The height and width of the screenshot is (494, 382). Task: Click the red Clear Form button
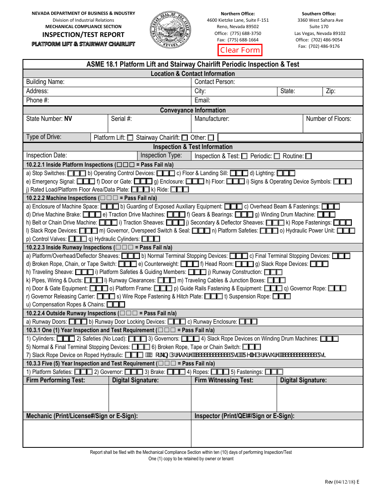pyautogui.click(x=240, y=50)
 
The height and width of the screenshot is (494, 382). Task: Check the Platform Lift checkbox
pyautogui.click(x=130, y=138)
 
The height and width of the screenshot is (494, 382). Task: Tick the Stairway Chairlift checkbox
pyautogui.click(x=185, y=138)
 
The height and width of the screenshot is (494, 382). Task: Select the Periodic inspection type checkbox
pyautogui.click(x=277, y=156)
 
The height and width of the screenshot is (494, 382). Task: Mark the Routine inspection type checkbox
pyautogui.click(x=308, y=156)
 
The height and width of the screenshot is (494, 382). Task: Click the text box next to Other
pyautogui.click(x=289, y=137)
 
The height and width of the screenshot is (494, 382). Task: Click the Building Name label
pyautogui.click(x=45, y=82)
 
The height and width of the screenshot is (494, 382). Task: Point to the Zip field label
pyautogui.click(x=331, y=91)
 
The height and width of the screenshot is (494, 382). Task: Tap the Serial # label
pyautogui.click(x=121, y=119)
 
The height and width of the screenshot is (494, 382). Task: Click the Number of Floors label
pyautogui.click(x=329, y=119)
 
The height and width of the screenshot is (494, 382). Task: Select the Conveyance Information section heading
pyautogui.click(x=193, y=110)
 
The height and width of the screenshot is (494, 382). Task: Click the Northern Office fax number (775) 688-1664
pyautogui.click(x=238, y=40)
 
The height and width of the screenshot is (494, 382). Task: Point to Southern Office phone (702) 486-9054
pyautogui.click(x=319, y=40)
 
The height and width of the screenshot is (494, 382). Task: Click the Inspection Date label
pyautogui.click(x=47, y=155)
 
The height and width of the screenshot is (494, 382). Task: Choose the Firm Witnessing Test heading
pyautogui.click(x=224, y=380)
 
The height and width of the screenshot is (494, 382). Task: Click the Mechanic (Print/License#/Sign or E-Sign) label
pyautogui.click(x=82, y=416)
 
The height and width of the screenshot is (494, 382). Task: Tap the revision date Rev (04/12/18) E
pyautogui.click(x=342, y=482)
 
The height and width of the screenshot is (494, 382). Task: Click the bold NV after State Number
pyautogui.click(x=68, y=119)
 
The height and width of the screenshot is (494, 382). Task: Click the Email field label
pyautogui.click(x=202, y=100)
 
